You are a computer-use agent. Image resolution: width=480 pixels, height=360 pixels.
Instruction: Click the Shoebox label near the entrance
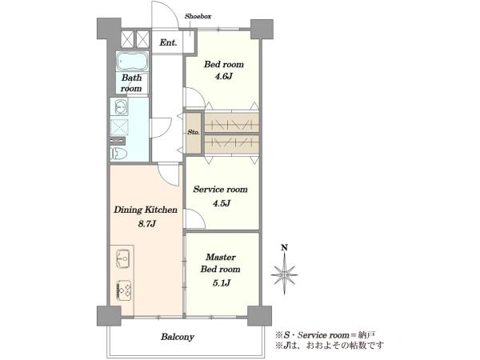(198, 16)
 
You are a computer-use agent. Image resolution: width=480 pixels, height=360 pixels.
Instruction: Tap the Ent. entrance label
(168, 42)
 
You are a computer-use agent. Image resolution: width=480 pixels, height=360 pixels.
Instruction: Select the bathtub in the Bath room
(132, 62)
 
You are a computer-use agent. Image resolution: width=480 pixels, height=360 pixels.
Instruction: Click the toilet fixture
(118, 153)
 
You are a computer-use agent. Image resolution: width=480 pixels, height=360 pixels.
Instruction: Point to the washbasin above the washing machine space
(121, 107)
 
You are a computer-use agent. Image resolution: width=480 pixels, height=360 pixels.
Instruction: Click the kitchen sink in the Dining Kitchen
(123, 259)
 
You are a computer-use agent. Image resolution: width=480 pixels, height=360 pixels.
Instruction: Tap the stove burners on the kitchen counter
(124, 290)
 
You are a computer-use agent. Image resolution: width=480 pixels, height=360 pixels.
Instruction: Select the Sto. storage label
(194, 133)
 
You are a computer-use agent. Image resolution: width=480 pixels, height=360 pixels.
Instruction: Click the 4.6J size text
(224, 76)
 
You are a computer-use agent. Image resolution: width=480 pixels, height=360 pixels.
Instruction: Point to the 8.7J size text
(147, 224)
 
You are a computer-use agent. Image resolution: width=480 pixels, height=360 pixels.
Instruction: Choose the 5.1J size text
(221, 283)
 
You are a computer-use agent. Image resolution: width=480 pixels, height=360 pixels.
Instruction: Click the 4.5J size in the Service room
(221, 203)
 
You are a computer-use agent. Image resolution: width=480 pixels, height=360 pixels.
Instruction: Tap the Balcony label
(178, 337)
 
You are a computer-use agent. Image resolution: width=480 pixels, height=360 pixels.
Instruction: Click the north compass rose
(285, 274)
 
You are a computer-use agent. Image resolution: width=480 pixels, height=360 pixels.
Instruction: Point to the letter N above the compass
(284, 247)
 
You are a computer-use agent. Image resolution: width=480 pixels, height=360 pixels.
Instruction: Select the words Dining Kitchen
(146, 210)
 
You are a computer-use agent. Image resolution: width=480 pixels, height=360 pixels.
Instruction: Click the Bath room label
(132, 83)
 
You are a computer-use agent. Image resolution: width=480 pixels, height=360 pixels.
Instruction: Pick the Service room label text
(221, 190)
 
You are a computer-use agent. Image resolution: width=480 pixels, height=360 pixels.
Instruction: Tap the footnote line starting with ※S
(326, 335)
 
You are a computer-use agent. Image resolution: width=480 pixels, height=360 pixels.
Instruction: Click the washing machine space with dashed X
(119, 127)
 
